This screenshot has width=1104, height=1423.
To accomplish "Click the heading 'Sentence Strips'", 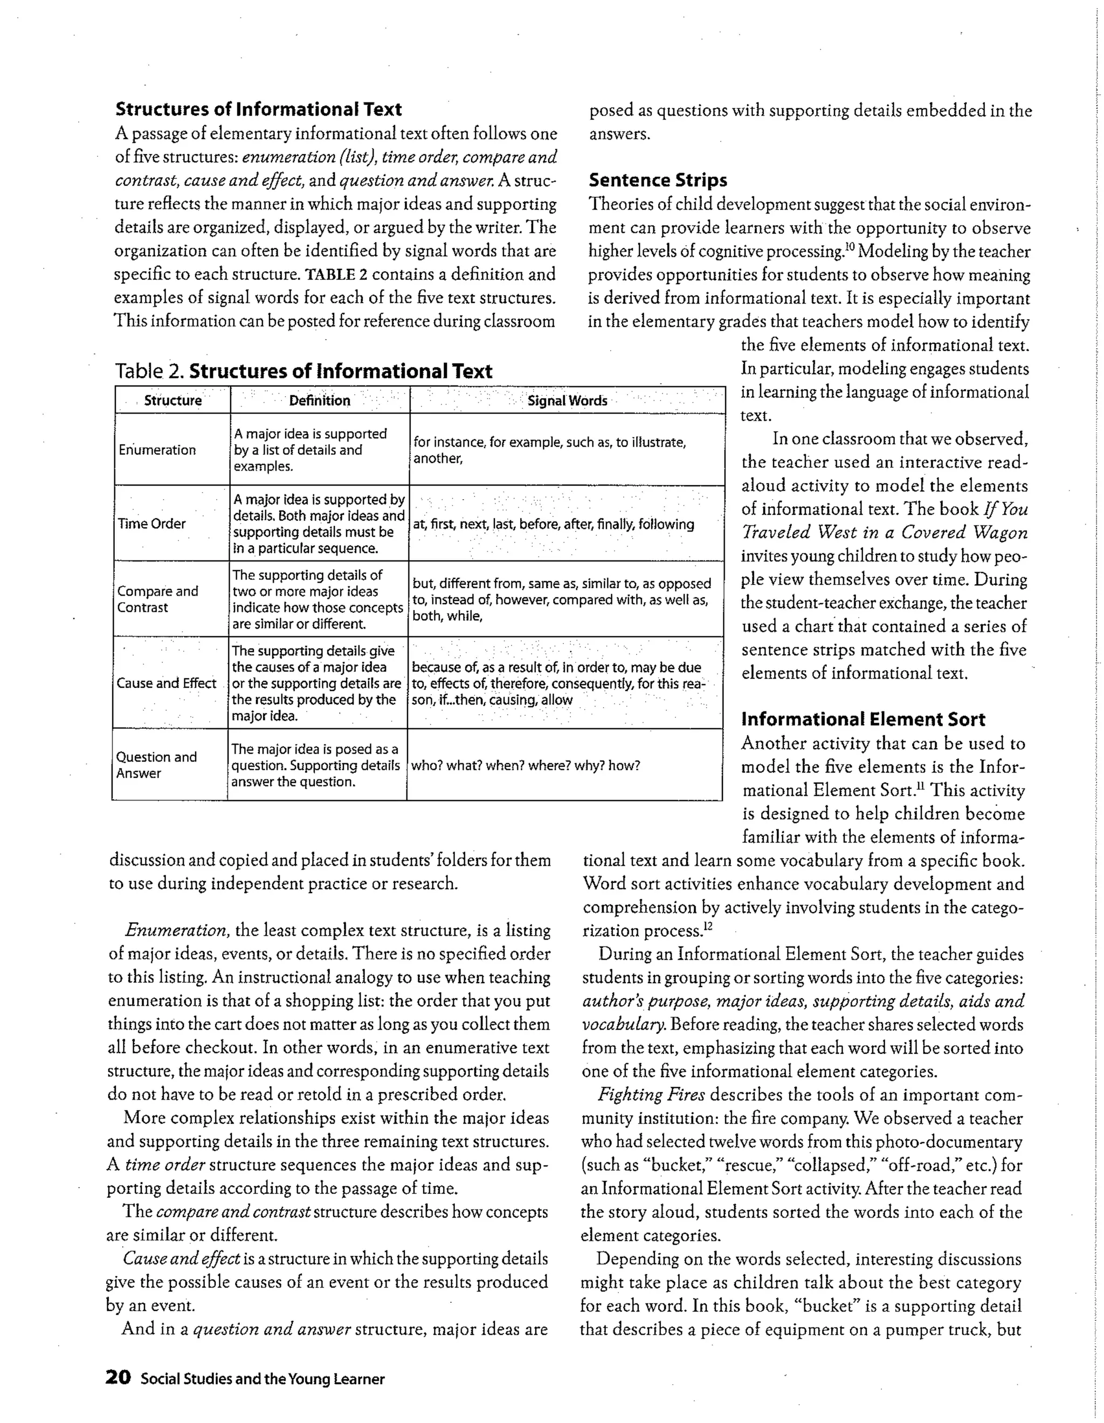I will click(658, 181).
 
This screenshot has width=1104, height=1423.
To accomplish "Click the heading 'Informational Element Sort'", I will click(863, 720).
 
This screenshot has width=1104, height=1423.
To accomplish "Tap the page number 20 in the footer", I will click(118, 1377).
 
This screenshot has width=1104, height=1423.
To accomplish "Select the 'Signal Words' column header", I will click(567, 400).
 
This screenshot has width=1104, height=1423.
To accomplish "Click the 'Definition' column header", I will click(319, 400).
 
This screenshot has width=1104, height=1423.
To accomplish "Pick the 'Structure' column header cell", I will click(172, 400).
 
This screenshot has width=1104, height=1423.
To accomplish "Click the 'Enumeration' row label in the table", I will click(157, 450).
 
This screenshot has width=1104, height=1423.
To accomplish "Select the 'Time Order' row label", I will click(152, 524).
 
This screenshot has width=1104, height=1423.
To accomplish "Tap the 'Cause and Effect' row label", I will click(166, 683).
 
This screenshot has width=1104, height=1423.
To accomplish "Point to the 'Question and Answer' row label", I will click(156, 765).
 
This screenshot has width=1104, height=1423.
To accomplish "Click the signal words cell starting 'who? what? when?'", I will click(525, 765).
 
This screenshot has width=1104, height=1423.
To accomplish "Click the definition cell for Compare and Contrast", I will click(318, 599).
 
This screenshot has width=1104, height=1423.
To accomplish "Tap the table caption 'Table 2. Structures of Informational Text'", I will click(303, 371).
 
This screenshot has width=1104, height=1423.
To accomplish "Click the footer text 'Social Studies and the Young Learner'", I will click(263, 1379).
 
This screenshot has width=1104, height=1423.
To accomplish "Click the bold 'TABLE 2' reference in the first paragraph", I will click(336, 274).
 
